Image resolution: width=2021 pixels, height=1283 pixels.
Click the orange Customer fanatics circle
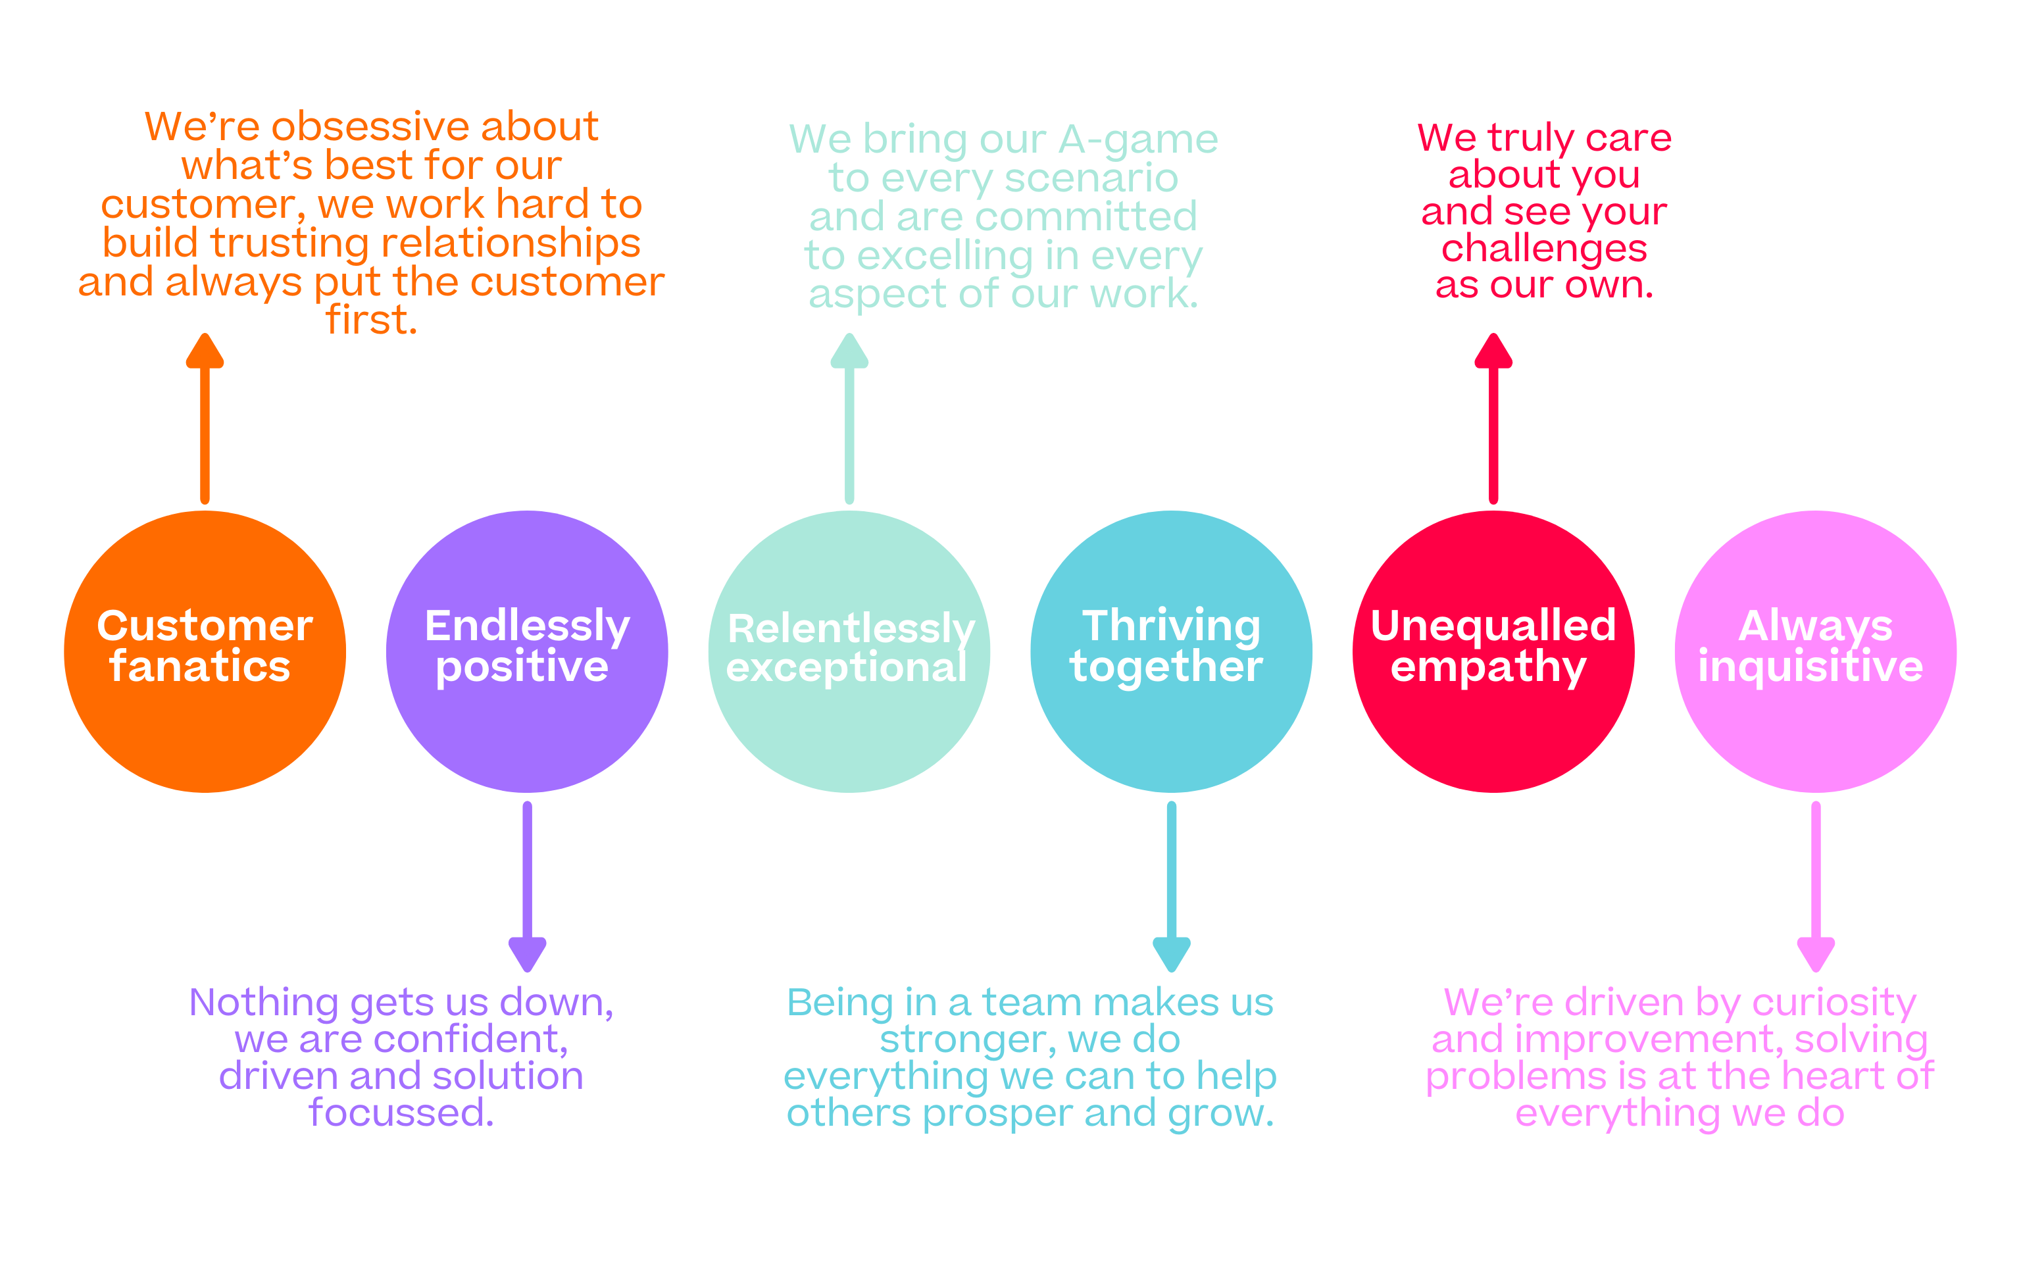pyautogui.click(x=205, y=651)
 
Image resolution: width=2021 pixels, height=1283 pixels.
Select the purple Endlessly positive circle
pyautogui.click(x=527, y=651)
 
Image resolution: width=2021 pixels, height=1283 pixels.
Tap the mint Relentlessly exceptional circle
pyautogui.click(x=849, y=651)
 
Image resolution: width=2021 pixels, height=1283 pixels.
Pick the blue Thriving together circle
pyautogui.click(x=1172, y=651)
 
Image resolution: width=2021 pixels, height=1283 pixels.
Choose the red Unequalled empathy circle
pyautogui.click(x=1494, y=651)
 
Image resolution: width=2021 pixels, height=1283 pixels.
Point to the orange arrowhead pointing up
pyautogui.click(x=205, y=351)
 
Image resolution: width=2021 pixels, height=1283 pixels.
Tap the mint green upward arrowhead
pyautogui.click(x=849, y=351)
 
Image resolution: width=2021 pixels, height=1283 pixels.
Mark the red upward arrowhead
pyautogui.click(x=1494, y=351)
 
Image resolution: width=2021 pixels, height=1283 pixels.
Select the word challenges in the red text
pyautogui.click(x=1544, y=249)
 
